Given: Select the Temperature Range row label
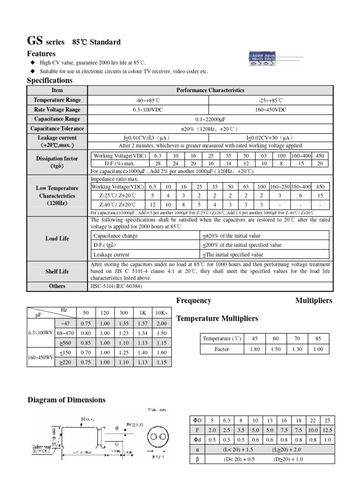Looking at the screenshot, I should [57, 100].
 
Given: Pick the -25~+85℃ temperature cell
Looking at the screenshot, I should [270, 100].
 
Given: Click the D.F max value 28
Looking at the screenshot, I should [157, 163].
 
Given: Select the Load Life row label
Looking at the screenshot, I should [57, 239].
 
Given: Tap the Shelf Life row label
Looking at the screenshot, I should [57, 271].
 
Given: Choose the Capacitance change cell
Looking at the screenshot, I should [116, 236].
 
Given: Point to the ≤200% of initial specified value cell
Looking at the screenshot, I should [242, 245].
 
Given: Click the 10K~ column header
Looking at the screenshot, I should [161, 313].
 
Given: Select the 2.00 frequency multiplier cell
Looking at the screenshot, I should [161, 323].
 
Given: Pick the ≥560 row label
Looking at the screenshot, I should [62, 342].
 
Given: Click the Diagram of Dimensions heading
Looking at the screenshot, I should [67, 400].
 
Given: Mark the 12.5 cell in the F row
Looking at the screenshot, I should [327, 430].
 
